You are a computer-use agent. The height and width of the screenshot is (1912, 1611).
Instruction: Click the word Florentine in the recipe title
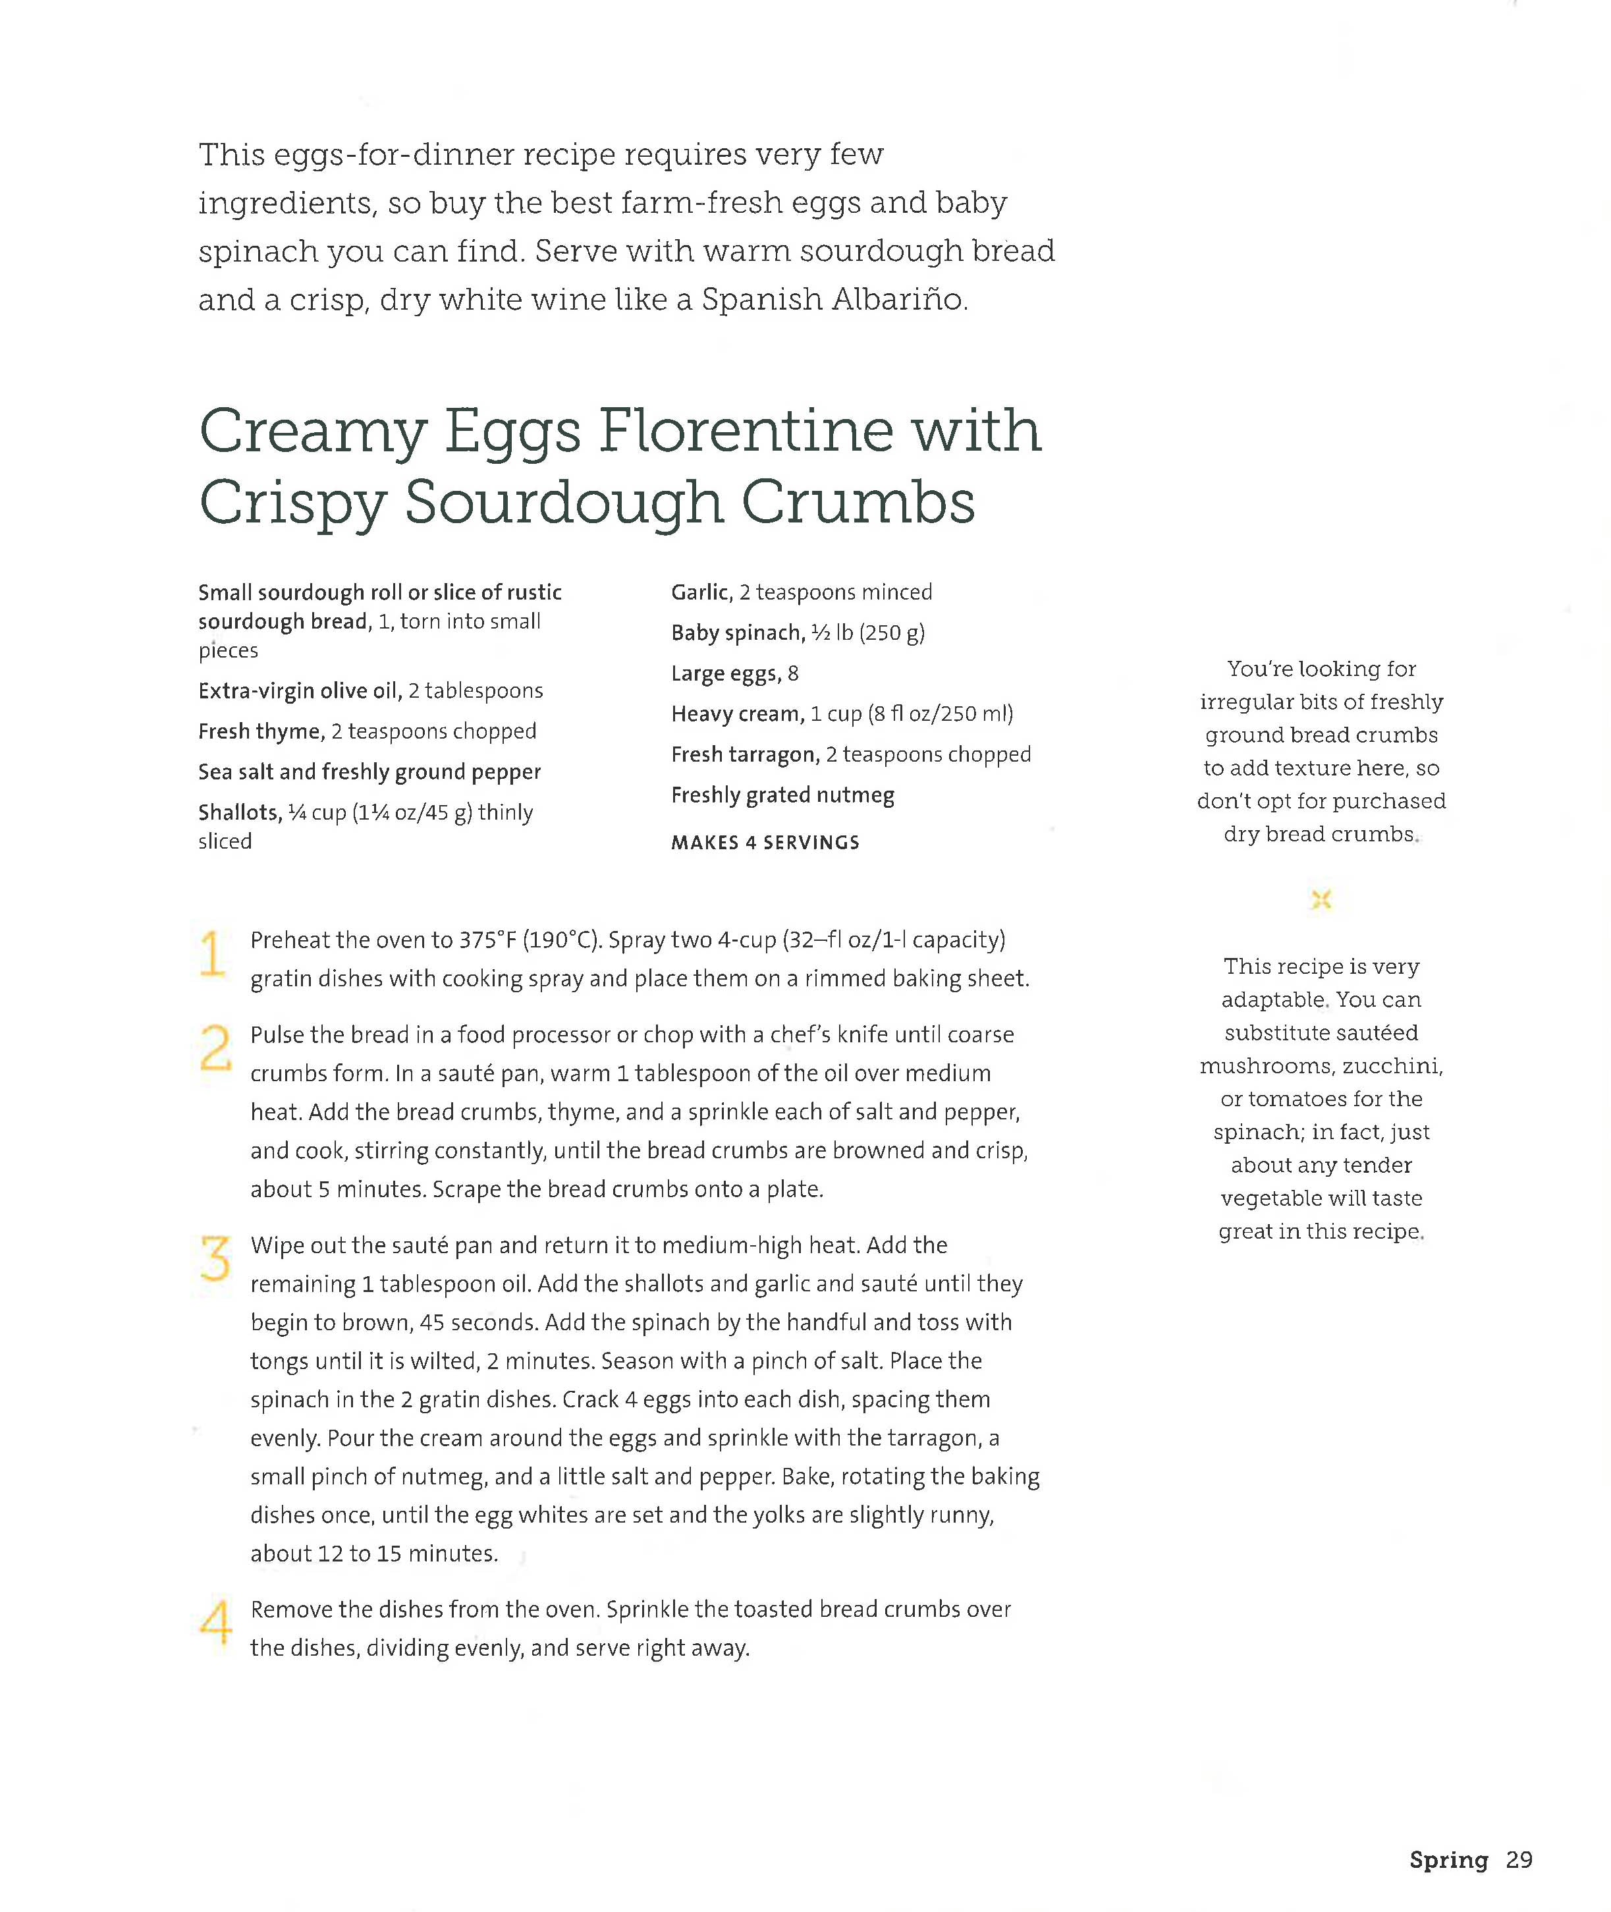pos(745,431)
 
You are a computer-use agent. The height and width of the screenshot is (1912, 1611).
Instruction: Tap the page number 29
pos(1519,1859)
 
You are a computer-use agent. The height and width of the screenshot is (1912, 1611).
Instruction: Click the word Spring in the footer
pos(1448,1859)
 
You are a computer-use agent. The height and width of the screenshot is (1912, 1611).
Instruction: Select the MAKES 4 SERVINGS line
pos(765,842)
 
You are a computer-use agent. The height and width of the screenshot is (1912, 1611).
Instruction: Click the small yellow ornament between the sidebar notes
pos(1321,900)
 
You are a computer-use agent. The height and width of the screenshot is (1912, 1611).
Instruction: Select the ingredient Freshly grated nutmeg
pos(782,795)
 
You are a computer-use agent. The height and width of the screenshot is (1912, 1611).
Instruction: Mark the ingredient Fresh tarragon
pos(745,754)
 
